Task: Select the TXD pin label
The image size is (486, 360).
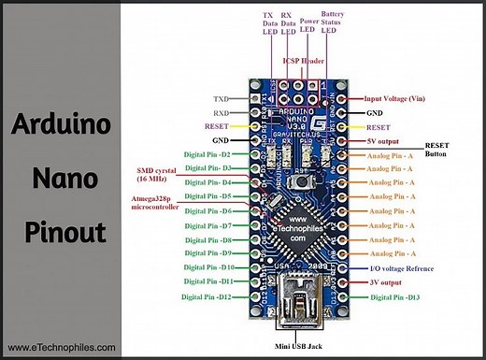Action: [x=221, y=97]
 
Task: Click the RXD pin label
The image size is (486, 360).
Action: [x=221, y=111]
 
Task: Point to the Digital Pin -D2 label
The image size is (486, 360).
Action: [x=207, y=154]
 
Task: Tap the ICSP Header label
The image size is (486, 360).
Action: [x=301, y=58]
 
